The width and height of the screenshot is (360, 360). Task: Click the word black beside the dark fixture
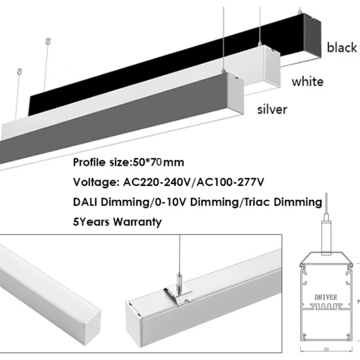point(342,47)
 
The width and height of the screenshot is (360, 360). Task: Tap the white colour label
point(307,81)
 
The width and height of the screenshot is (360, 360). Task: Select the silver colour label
point(271,109)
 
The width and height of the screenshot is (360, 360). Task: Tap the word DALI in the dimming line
point(86,202)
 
